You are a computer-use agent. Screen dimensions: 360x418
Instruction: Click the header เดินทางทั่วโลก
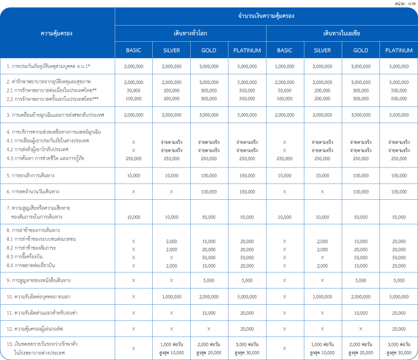(190, 33)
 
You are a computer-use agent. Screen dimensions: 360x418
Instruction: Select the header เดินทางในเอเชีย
(341, 33)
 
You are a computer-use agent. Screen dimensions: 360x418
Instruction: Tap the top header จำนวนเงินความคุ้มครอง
(266, 16)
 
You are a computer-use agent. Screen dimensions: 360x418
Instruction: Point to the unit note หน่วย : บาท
(405, 3)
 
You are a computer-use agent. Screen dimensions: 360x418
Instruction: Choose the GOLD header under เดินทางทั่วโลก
(209, 51)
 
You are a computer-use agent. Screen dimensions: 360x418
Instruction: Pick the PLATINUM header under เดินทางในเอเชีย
(399, 51)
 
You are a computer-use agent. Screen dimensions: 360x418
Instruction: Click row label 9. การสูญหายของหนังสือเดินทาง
(39, 280)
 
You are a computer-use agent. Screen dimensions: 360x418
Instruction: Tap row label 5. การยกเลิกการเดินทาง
(31, 176)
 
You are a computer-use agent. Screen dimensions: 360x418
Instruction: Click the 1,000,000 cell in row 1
(285, 67)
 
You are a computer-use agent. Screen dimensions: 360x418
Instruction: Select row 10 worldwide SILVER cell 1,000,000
(171, 296)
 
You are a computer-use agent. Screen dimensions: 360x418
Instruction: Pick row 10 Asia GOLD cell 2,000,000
(361, 296)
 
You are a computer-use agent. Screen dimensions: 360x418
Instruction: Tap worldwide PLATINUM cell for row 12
(247, 329)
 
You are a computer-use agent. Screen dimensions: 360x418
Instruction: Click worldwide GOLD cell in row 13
(209, 349)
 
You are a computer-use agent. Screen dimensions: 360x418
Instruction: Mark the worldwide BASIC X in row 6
(133, 192)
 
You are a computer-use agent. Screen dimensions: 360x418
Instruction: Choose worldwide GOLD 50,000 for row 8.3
(209, 257)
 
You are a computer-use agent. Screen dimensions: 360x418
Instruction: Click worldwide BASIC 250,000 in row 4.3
(133, 159)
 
